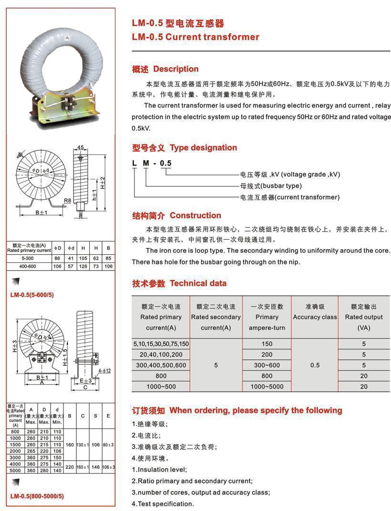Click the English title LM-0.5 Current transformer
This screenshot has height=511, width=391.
point(195,37)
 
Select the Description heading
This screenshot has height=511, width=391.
point(175,69)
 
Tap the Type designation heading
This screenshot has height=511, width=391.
point(203,148)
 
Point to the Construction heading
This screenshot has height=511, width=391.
point(195,216)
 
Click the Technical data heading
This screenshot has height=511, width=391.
point(198,283)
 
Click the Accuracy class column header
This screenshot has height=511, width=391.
point(315,317)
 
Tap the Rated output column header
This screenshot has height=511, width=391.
point(364,317)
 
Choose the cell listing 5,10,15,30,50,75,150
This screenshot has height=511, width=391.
point(161,344)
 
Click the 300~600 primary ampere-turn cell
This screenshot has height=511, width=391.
point(267,365)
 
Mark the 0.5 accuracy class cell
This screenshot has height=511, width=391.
point(315,365)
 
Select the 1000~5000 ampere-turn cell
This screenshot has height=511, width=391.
point(267,387)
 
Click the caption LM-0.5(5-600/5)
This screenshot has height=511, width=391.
point(32,295)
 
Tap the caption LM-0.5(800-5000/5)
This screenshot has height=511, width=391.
point(37,496)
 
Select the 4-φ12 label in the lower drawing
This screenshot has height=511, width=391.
point(104,370)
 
